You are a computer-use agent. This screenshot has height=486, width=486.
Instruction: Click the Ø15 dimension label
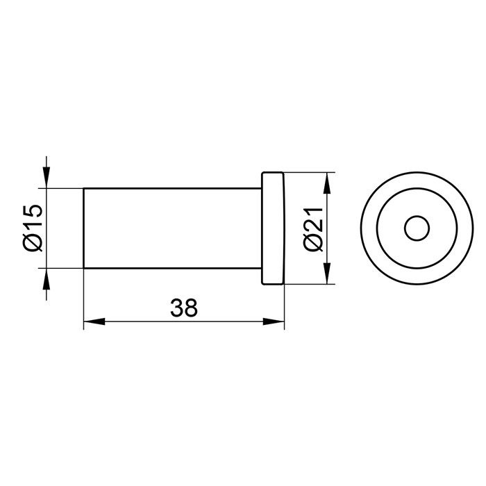[x=32, y=228]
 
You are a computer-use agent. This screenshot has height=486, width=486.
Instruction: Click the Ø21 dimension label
[x=314, y=228]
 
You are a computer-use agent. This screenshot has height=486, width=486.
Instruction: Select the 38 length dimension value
[x=184, y=308]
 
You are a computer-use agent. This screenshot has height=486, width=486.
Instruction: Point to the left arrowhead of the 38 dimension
[x=94, y=321]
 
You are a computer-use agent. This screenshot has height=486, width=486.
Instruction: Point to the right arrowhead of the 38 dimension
[x=274, y=321]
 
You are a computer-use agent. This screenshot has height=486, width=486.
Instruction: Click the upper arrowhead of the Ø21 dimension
[x=327, y=183]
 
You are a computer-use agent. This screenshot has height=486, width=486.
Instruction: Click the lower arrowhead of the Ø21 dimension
[x=327, y=274]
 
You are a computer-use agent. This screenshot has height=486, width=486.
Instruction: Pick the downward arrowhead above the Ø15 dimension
[x=47, y=178]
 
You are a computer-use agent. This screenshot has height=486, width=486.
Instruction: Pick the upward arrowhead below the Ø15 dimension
[x=47, y=278]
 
